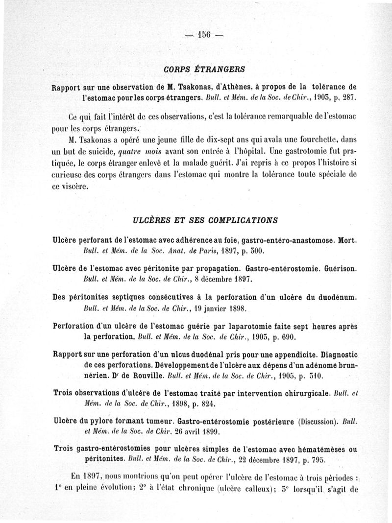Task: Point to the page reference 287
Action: click(x=346, y=98)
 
